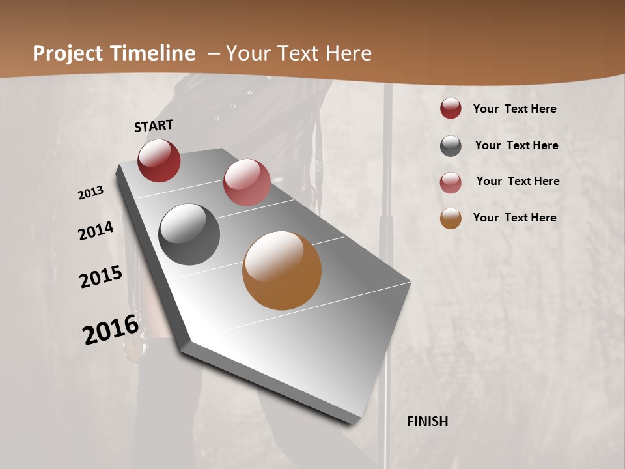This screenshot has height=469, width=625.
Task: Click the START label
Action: pyautogui.click(x=154, y=126)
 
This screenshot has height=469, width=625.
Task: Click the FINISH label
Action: pyautogui.click(x=428, y=421)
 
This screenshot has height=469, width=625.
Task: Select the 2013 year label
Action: pyautogui.click(x=91, y=193)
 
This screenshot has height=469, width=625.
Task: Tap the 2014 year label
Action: pyautogui.click(x=96, y=231)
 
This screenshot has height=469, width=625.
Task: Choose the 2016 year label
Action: pyautogui.click(x=111, y=330)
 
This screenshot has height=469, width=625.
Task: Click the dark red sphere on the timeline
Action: pyautogui.click(x=159, y=161)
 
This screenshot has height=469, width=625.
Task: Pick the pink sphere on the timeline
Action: pyautogui.click(x=247, y=182)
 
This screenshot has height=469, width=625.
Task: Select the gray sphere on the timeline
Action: pyautogui.click(x=189, y=234)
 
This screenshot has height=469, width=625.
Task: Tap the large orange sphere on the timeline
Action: pyautogui.click(x=282, y=270)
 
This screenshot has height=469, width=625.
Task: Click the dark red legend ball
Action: pyautogui.click(x=451, y=108)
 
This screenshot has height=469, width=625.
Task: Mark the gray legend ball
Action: pyautogui.click(x=451, y=146)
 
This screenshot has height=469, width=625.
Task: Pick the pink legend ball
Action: pyautogui.click(x=451, y=182)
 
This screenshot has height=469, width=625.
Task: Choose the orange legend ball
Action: pyautogui.click(x=451, y=218)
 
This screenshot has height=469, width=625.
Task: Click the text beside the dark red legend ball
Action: pyautogui.click(x=514, y=109)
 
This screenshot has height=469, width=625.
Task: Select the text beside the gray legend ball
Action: pyautogui.click(x=516, y=145)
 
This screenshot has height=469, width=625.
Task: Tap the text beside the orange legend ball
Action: pyautogui.click(x=514, y=218)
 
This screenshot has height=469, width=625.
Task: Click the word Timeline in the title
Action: pyautogui.click(x=152, y=53)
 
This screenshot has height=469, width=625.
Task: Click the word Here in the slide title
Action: pyautogui.click(x=348, y=53)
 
